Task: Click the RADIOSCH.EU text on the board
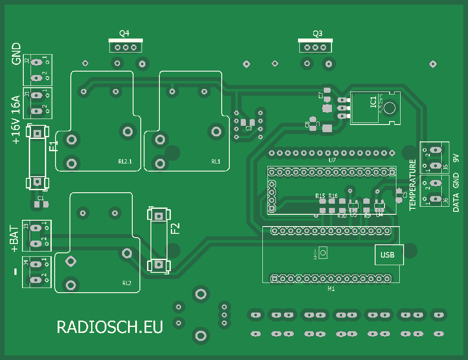tap(110, 327)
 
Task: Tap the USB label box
tap(387, 255)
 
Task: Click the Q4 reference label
tap(124, 33)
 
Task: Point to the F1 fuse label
tap(53, 147)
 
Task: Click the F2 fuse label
tap(175, 228)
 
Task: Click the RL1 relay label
tap(216, 161)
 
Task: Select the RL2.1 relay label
tap(125, 161)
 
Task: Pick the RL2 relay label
tap(127, 282)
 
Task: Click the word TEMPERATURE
tap(412, 185)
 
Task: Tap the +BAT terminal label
tap(14, 239)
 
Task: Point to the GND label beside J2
tap(17, 53)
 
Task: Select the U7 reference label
tap(332, 161)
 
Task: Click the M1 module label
tap(331, 289)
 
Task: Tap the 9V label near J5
tap(456, 158)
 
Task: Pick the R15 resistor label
tap(320, 196)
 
